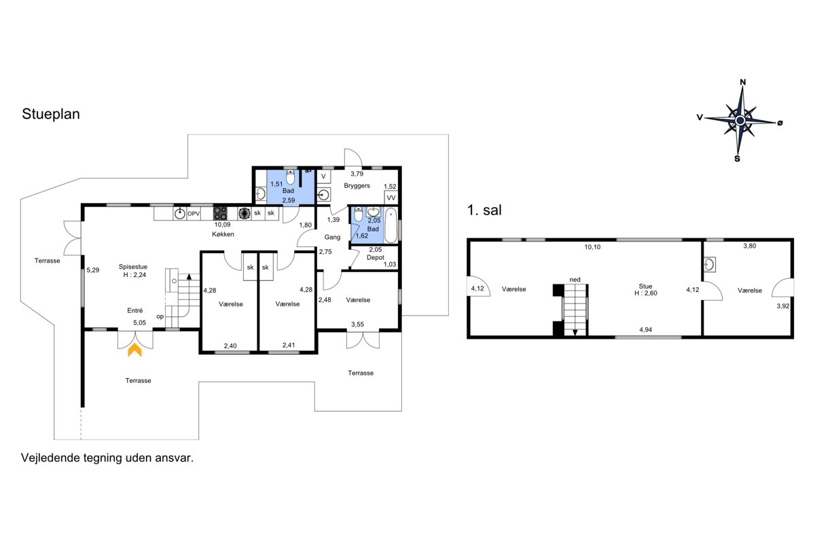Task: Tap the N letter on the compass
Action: coord(743,82)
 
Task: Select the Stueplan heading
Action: coord(51,114)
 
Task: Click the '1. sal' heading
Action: coord(484,210)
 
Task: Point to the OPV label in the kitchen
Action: coord(194,214)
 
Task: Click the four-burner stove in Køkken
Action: coord(220,214)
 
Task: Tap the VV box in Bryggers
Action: coord(391,198)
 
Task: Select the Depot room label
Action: coord(376,257)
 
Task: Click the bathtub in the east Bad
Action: coord(391,225)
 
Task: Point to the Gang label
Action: coord(332,237)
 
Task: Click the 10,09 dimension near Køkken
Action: coord(222,225)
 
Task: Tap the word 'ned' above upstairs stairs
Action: coord(575,280)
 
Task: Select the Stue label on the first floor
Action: coord(645,286)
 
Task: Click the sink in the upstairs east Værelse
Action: coord(709,265)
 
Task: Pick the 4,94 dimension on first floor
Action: coord(646,330)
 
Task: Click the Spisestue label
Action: coord(133,267)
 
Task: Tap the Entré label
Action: coord(135,311)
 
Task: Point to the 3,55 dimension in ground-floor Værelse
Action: coord(357,324)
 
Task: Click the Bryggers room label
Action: coord(357,186)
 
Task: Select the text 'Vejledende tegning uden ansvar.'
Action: coord(107,458)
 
